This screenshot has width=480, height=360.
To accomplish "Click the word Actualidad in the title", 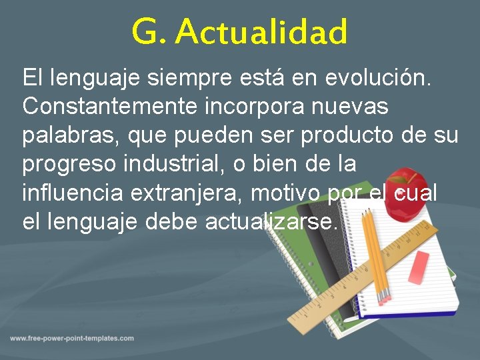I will click(262, 32).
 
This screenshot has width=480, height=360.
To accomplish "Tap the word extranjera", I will click(188, 193).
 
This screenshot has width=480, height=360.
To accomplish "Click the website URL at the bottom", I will click(72, 339).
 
